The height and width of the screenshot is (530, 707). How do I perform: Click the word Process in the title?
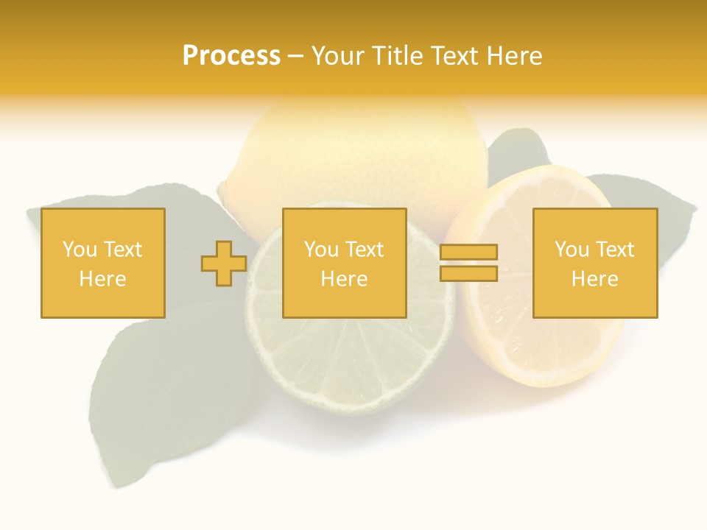[x=231, y=56]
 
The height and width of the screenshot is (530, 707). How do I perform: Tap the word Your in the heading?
[x=337, y=56]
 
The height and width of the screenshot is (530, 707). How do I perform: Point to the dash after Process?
[x=295, y=57]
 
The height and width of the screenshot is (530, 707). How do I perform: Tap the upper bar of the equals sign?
[x=468, y=252]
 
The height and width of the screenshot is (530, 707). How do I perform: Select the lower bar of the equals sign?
[x=468, y=273]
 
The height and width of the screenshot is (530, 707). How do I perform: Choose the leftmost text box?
[x=102, y=263]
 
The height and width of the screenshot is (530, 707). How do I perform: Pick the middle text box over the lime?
[x=344, y=263]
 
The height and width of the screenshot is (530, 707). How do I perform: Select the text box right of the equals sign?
[x=594, y=263]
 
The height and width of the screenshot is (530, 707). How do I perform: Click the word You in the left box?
[x=79, y=250]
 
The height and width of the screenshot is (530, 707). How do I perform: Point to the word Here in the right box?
[x=594, y=278]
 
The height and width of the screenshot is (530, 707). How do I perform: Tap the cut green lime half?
[x=346, y=361]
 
